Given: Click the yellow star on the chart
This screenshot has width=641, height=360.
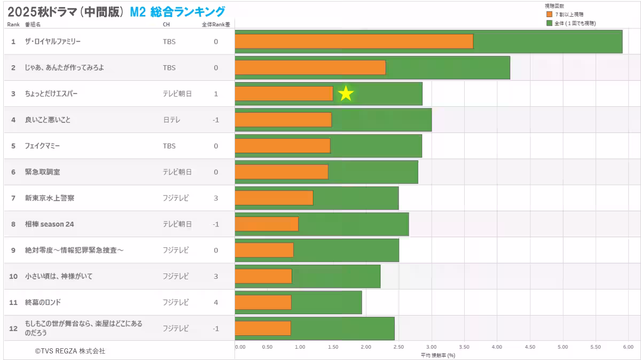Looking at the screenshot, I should pyautogui.click(x=346, y=93).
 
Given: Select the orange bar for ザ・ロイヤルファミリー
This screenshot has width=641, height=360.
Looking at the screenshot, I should pyautogui.click(x=354, y=42).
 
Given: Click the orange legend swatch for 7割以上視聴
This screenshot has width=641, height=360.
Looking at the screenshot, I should pyautogui.click(x=549, y=14).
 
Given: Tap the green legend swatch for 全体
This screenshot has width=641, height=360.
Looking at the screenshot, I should pyautogui.click(x=549, y=23).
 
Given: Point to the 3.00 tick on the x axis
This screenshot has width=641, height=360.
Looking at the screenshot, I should pyautogui.click(x=431, y=347).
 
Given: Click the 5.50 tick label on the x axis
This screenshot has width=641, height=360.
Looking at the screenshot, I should pyautogui.click(x=596, y=347).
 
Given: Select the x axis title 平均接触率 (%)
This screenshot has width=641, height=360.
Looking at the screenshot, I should pyautogui.click(x=437, y=355).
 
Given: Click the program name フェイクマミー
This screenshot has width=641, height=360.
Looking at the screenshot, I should pyautogui.click(x=42, y=146).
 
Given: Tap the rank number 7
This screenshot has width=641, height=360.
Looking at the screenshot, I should pyautogui.click(x=13, y=198).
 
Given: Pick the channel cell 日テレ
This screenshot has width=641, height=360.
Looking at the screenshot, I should pyautogui.click(x=171, y=120).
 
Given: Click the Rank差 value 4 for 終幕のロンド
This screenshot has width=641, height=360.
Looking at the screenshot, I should pyautogui.click(x=216, y=302).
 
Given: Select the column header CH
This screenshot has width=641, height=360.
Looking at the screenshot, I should pyautogui.click(x=166, y=25).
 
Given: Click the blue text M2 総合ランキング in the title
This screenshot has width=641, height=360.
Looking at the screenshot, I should pyautogui.click(x=177, y=11).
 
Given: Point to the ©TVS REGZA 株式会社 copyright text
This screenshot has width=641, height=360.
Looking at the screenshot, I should pyautogui.click(x=70, y=351).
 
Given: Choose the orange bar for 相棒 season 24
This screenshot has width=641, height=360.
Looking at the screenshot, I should pyautogui.click(x=267, y=224).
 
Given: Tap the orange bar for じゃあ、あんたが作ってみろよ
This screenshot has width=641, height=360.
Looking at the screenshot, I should pyautogui.click(x=310, y=68).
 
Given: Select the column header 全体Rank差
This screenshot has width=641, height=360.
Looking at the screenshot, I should pyautogui.click(x=216, y=25).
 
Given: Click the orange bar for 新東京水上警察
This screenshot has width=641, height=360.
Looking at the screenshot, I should pyautogui.click(x=273, y=198).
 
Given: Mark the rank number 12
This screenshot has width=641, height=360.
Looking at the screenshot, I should pyautogui.click(x=13, y=328).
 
